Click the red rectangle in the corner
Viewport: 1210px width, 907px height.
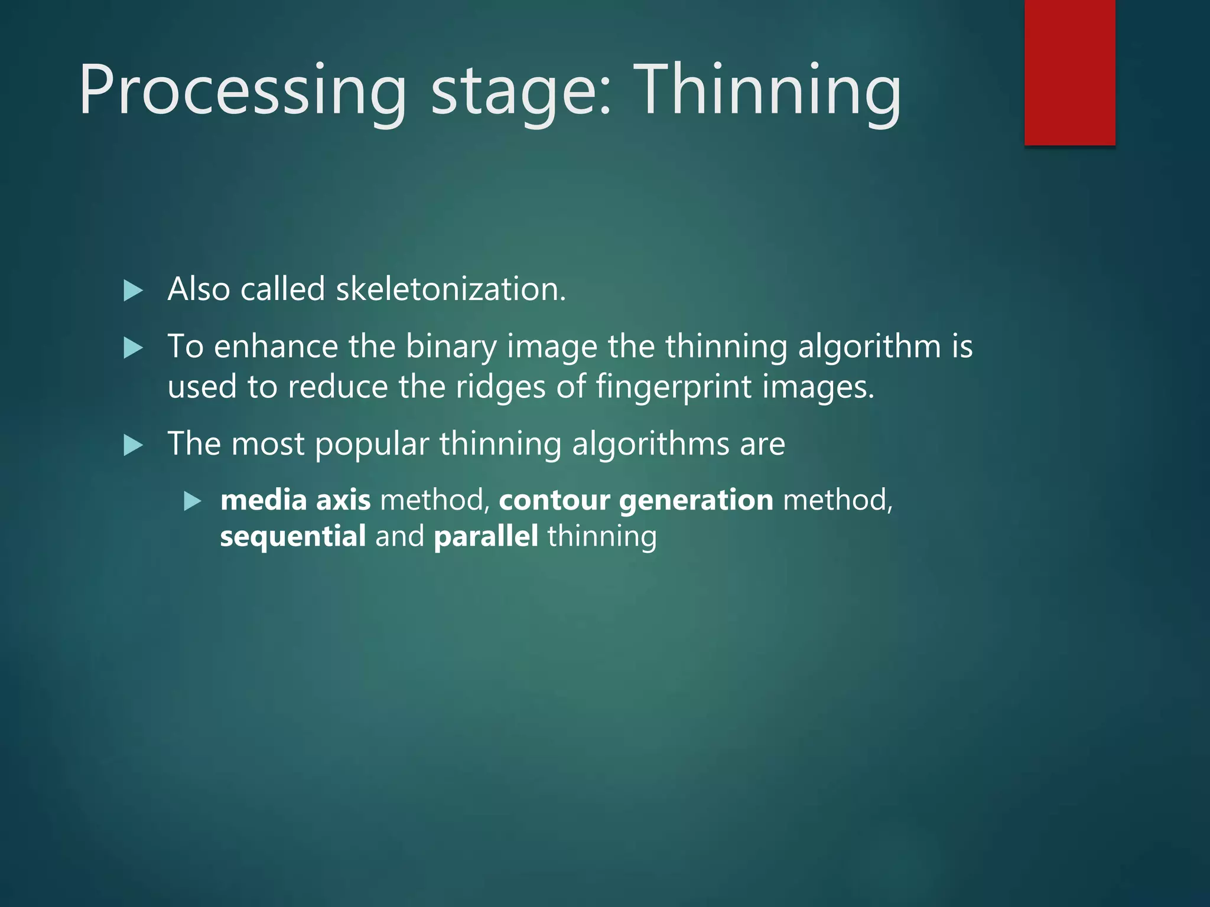(x=1069, y=72)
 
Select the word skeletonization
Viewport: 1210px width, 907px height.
(x=451, y=289)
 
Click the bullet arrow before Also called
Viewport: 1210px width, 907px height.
(x=134, y=291)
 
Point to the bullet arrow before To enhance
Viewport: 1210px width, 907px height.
(x=134, y=348)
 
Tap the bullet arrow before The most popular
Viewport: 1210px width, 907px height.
(x=134, y=445)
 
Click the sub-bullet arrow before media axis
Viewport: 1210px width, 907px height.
(x=193, y=501)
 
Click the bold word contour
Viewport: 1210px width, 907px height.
(x=554, y=500)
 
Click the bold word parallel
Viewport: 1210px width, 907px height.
(x=486, y=537)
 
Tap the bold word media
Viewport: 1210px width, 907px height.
(x=264, y=500)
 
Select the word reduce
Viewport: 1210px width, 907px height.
(x=337, y=387)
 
